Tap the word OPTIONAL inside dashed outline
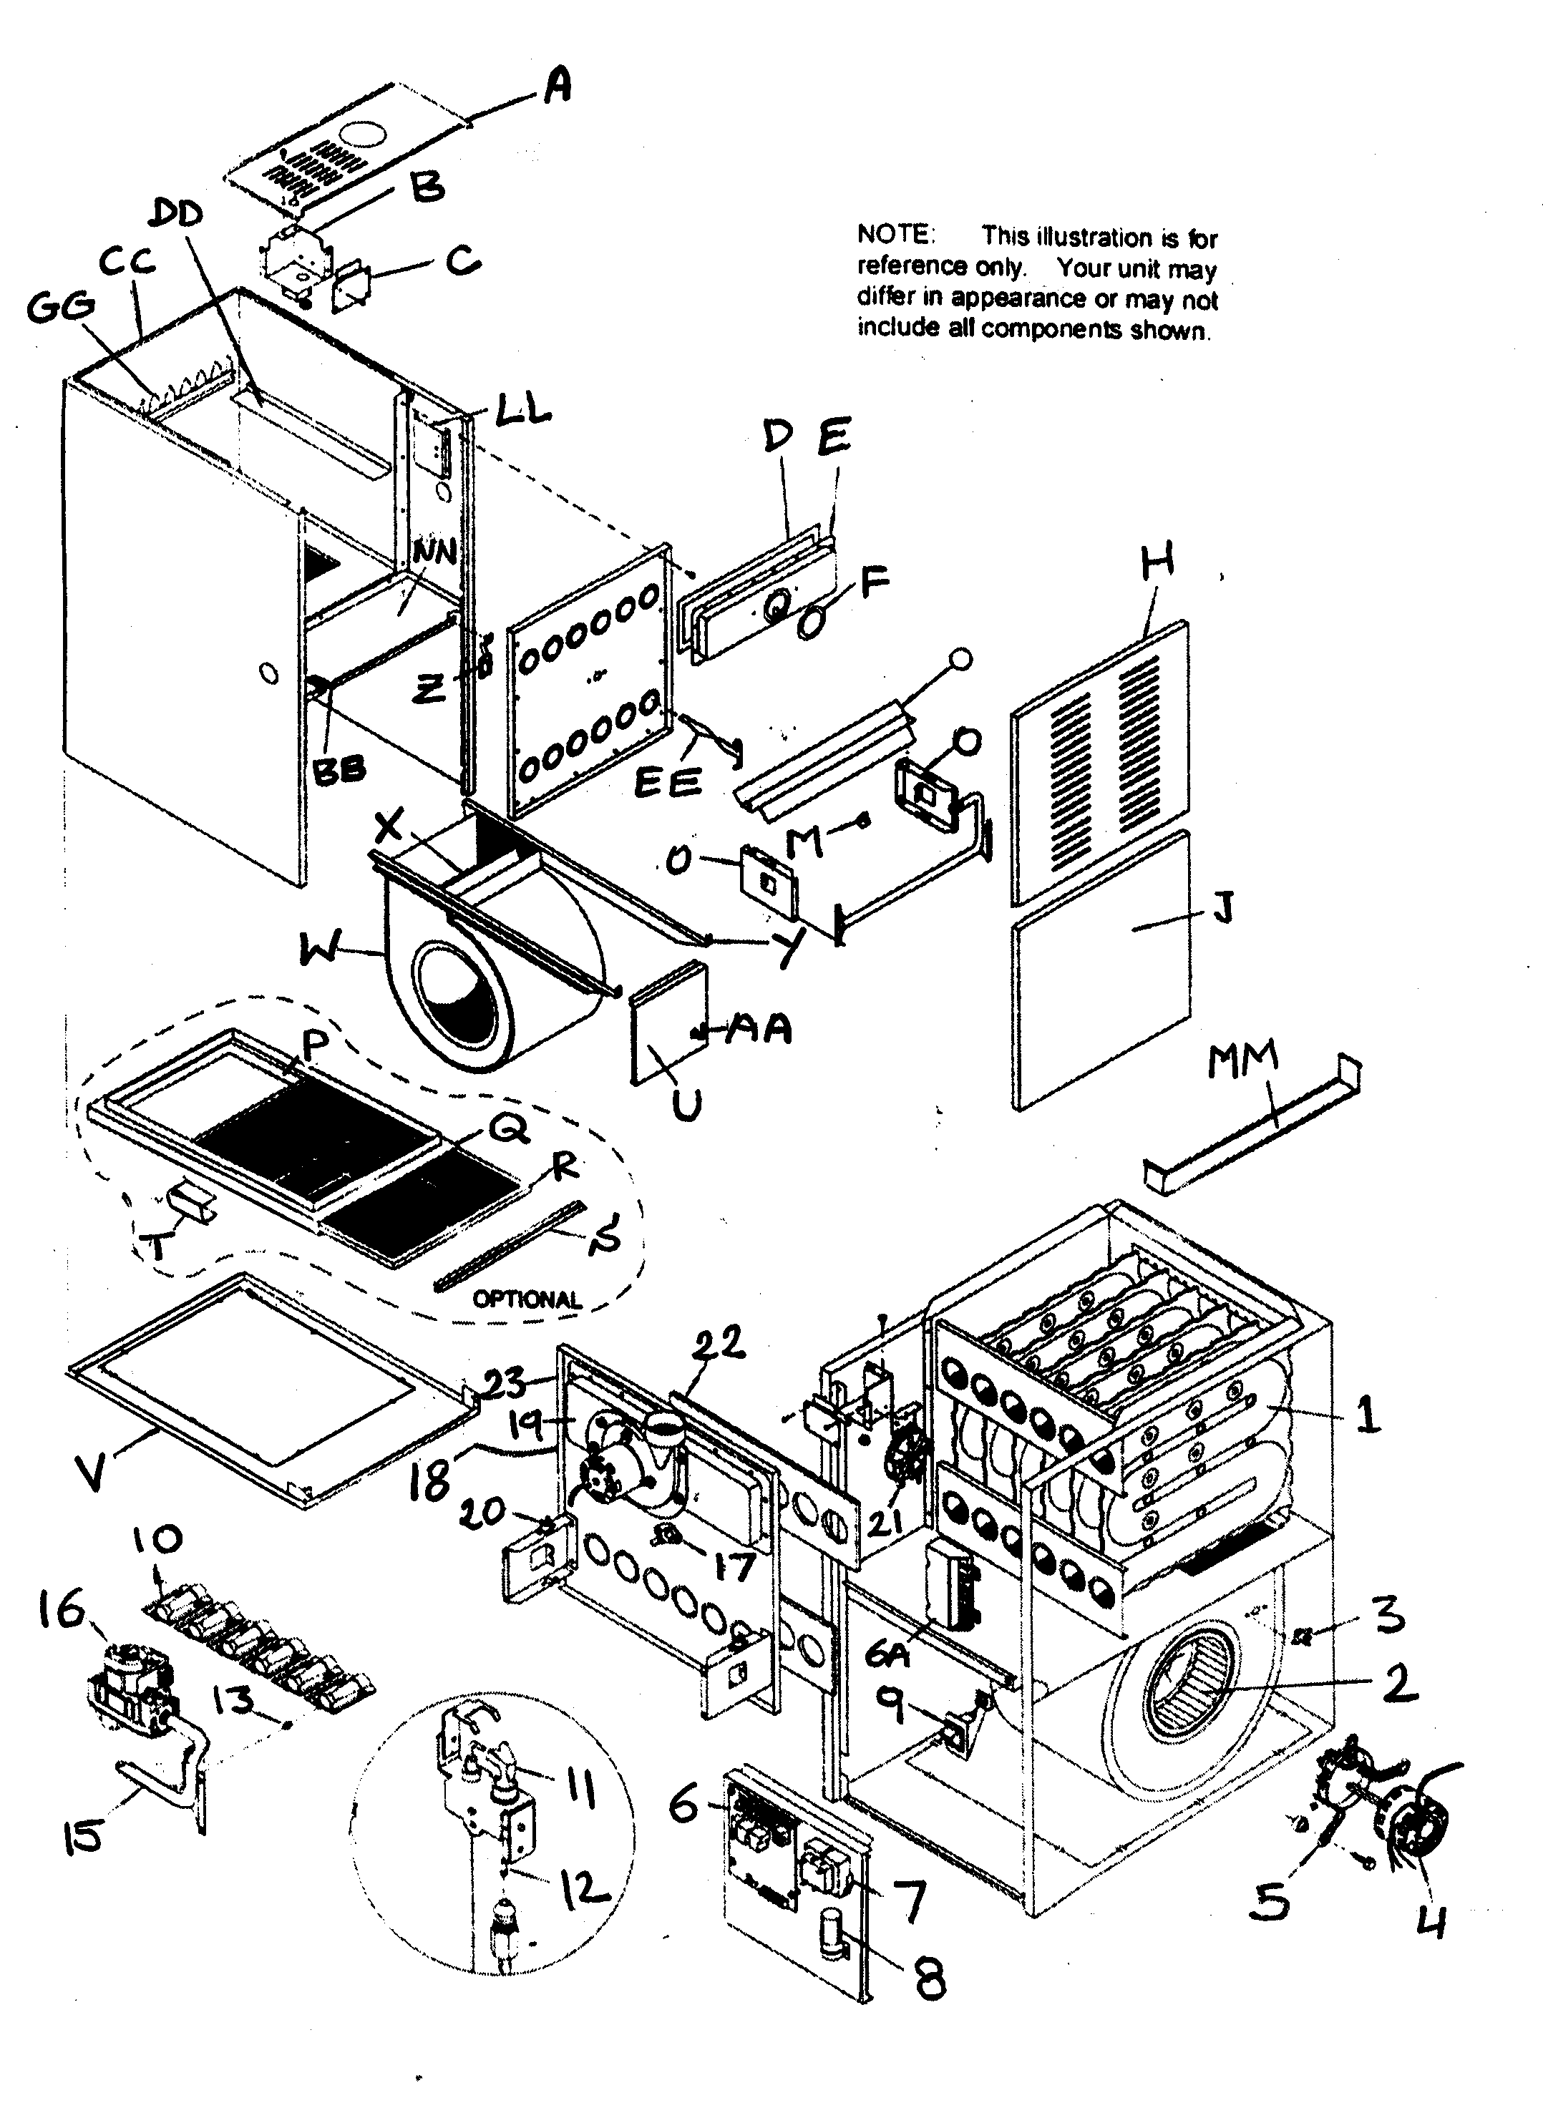527,1299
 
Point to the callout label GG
61,306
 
